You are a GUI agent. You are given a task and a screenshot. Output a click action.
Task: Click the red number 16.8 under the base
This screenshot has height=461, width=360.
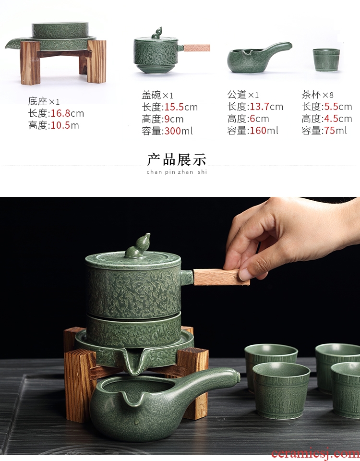[60, 113]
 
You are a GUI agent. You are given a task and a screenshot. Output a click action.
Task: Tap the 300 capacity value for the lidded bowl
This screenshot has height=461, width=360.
[172, 131]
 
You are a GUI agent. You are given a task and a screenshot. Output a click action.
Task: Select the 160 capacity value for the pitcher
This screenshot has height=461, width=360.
[258, 130]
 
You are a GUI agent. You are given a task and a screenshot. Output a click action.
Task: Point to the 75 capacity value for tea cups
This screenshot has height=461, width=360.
[329, 130]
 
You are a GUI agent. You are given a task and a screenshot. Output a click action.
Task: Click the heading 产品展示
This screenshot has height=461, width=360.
[177, 159]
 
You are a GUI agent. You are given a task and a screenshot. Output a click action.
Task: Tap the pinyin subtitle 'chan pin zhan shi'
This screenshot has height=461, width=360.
[177, 172]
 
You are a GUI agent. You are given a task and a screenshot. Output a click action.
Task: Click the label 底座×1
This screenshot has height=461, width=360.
[44, 101]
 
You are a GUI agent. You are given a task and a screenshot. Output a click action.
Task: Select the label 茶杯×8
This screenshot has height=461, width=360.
[317, 95]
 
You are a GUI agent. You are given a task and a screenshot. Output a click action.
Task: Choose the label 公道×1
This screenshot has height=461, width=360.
[243, 95]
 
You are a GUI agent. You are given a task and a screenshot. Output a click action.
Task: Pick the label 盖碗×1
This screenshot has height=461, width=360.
[157, 95]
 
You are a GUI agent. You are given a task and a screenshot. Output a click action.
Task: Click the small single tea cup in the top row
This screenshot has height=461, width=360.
[326, 60]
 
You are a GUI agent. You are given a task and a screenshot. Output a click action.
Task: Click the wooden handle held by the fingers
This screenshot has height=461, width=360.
[221, 277]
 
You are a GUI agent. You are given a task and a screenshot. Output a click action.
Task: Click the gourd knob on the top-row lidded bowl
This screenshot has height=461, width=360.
[157, 33]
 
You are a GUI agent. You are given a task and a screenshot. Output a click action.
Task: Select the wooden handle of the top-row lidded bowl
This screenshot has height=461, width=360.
[197, 48]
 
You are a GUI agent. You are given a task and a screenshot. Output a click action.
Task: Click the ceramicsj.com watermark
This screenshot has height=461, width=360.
[316, 454]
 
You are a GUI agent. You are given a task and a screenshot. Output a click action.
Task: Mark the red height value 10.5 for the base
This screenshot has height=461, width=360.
[60, 125]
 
